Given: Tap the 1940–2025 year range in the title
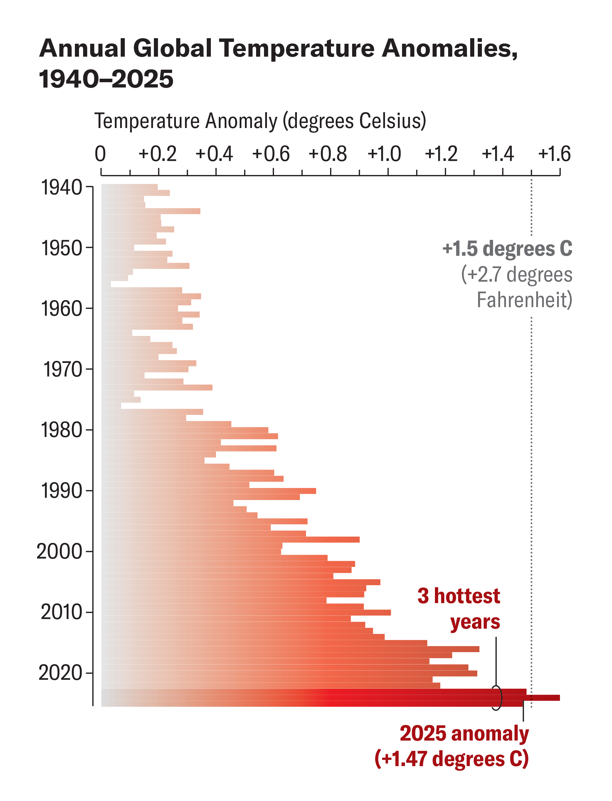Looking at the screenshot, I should point(106,79).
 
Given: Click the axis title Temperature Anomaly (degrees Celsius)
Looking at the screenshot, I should point(260,121).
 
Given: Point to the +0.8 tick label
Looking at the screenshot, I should point(327,154).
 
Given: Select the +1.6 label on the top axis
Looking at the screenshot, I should point(554,154).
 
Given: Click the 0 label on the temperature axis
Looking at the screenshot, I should point(100,154).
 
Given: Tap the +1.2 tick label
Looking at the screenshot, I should point(441,154).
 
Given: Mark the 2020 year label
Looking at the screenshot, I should point(60,672).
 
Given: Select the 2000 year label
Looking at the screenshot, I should point(59,551).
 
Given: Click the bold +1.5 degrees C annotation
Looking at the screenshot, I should point(507,249).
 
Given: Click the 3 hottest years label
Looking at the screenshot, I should point(459,609).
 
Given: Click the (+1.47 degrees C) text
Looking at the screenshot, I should point(452,759).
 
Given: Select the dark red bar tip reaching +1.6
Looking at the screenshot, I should point(554,698).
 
